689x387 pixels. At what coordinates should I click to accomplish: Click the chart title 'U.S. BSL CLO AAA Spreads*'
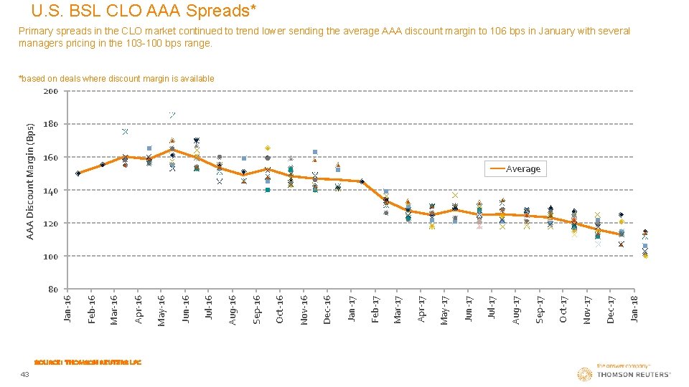144,11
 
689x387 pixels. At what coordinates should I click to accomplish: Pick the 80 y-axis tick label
52,290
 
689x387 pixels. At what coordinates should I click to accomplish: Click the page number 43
24,375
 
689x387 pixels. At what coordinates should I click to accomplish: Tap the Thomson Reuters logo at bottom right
624,373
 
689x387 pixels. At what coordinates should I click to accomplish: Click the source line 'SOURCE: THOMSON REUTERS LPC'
88,362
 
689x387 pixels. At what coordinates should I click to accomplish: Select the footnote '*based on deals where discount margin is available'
116,79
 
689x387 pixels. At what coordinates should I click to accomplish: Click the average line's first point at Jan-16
78,173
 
